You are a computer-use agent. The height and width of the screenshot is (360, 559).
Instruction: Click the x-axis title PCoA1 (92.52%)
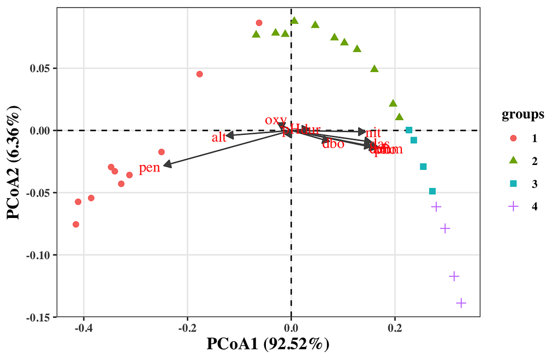[x=268, y=344]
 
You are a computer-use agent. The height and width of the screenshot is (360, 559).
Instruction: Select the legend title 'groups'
[x=522, y=115]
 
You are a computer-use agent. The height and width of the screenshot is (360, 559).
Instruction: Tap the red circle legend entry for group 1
[x=513, y=138]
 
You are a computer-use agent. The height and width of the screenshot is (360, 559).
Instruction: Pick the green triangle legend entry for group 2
[x=513, y=161]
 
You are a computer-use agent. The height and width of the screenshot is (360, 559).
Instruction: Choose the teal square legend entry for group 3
[x=513, y=184]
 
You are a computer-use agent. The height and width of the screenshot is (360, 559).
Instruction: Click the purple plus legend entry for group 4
[x=513, y=206]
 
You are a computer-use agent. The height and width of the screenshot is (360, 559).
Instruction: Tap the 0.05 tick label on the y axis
[x=42, y=68]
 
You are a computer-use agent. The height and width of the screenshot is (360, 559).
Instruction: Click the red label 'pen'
[x=149, y=168]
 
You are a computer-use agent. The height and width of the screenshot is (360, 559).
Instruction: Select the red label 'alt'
[x=219, y=137]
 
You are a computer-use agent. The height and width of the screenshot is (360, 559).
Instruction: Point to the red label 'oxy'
[x=275, y=120]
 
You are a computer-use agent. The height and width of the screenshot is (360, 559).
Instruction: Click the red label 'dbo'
[x=333, y=144]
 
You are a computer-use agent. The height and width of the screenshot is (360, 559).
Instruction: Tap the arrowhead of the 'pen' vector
[x=166, y=164]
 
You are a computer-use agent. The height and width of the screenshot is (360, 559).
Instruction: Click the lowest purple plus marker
[x=461, y=303]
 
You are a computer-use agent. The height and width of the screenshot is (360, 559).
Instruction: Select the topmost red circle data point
[x=259, y=23]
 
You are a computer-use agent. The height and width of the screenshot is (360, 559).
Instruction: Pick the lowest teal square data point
[x=432, y=191]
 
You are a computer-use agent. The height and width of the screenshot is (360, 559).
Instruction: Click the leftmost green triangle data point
[x=256, y=34]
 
